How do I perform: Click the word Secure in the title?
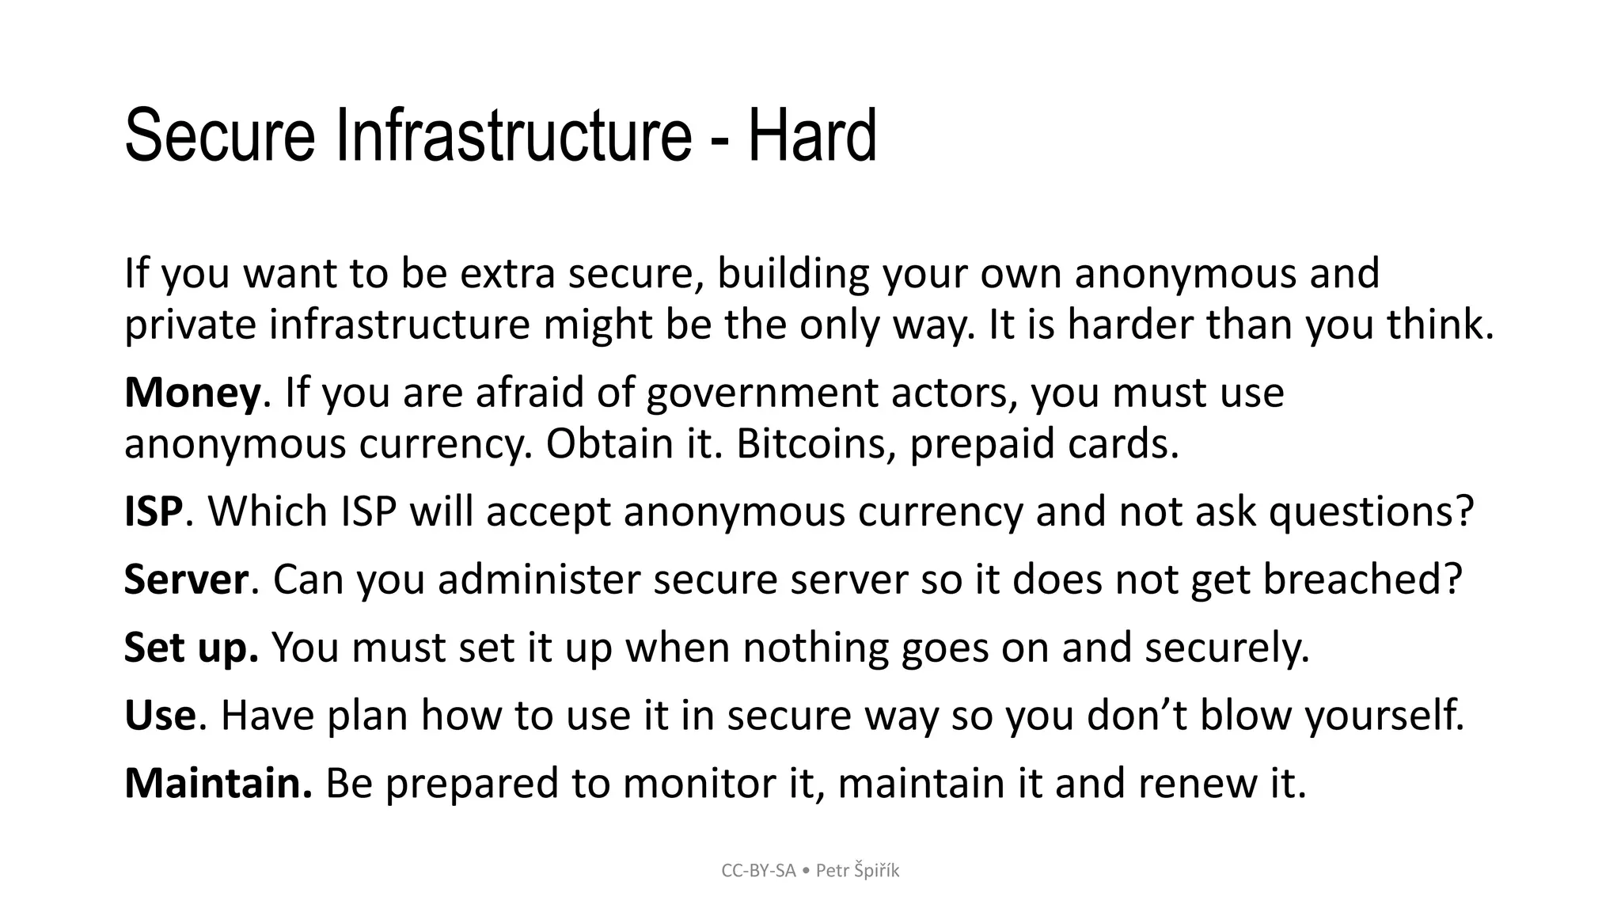[219, 136]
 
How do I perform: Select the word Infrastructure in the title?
[514, 136]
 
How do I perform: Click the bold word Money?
[192, 393]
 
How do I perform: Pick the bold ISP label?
[154, 511]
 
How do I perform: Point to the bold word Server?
[186, 579]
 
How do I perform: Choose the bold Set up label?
[191, 648]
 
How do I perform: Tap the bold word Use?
[160, 716]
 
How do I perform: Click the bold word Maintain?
[218, 783]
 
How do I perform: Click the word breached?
[1361, 579]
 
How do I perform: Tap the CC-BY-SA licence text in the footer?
[758, 871]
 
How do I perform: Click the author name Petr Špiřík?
[857, 871]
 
